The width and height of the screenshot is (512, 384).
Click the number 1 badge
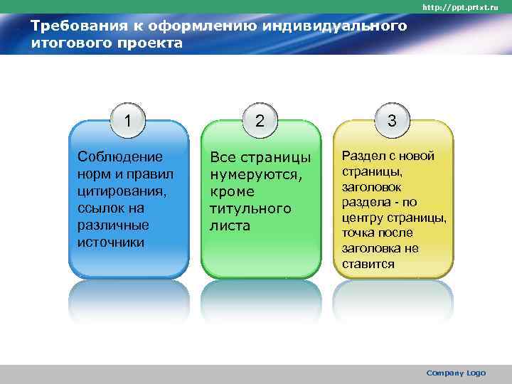pyautogui.click(x=128, y=120)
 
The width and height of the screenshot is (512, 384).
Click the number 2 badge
pyautogui.click(x=260, y=120)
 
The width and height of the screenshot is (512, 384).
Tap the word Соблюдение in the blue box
pyautogui.click(x=119, y=156)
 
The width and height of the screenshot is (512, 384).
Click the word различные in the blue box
pyautogui.click(x=112, y=225)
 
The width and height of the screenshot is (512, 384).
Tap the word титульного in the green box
pyautogui.click(x=250, y=208)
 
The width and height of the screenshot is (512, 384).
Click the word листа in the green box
pyautogui.click(x=230, y=225)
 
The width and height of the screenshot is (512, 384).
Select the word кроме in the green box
pyautogui.click(x=232, y=191)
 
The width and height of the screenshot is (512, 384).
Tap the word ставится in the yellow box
pyautogui.click(x=368, y=264)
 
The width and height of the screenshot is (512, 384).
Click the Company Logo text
pyautogui.click(x=456, y=373)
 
